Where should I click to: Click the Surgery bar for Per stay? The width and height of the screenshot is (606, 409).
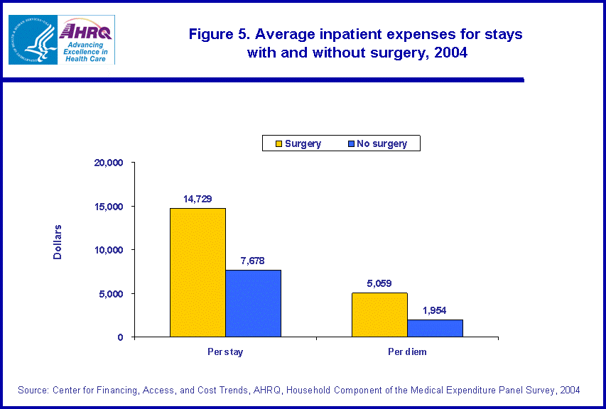point(198,273)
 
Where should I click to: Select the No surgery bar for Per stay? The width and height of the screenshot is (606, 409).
point(253,303)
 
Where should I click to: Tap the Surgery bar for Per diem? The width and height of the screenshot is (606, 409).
point(379,315)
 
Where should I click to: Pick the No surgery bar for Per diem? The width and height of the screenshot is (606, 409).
point(435,328)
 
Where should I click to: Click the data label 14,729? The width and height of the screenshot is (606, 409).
point(198,199)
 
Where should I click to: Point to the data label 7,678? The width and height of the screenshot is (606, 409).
point(253,261)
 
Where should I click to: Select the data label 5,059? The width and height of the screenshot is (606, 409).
point(379,283)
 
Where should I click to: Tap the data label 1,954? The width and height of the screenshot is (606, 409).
point(435,310)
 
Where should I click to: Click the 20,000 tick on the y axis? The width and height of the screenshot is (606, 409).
point(109,163)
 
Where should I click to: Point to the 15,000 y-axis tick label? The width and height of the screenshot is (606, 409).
point(109,207)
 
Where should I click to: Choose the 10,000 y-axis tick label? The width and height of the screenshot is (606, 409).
point(109,250)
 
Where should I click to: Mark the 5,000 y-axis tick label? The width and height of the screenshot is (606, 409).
point(111,294)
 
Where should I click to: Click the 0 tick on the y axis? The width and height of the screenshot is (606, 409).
point(121,337)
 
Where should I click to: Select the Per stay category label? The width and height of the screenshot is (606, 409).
point(225,353)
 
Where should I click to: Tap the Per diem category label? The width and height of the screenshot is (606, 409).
point(407,353)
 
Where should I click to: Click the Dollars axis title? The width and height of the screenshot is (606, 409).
point(58,242)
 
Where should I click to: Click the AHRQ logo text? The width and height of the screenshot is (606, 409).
point(87,31)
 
